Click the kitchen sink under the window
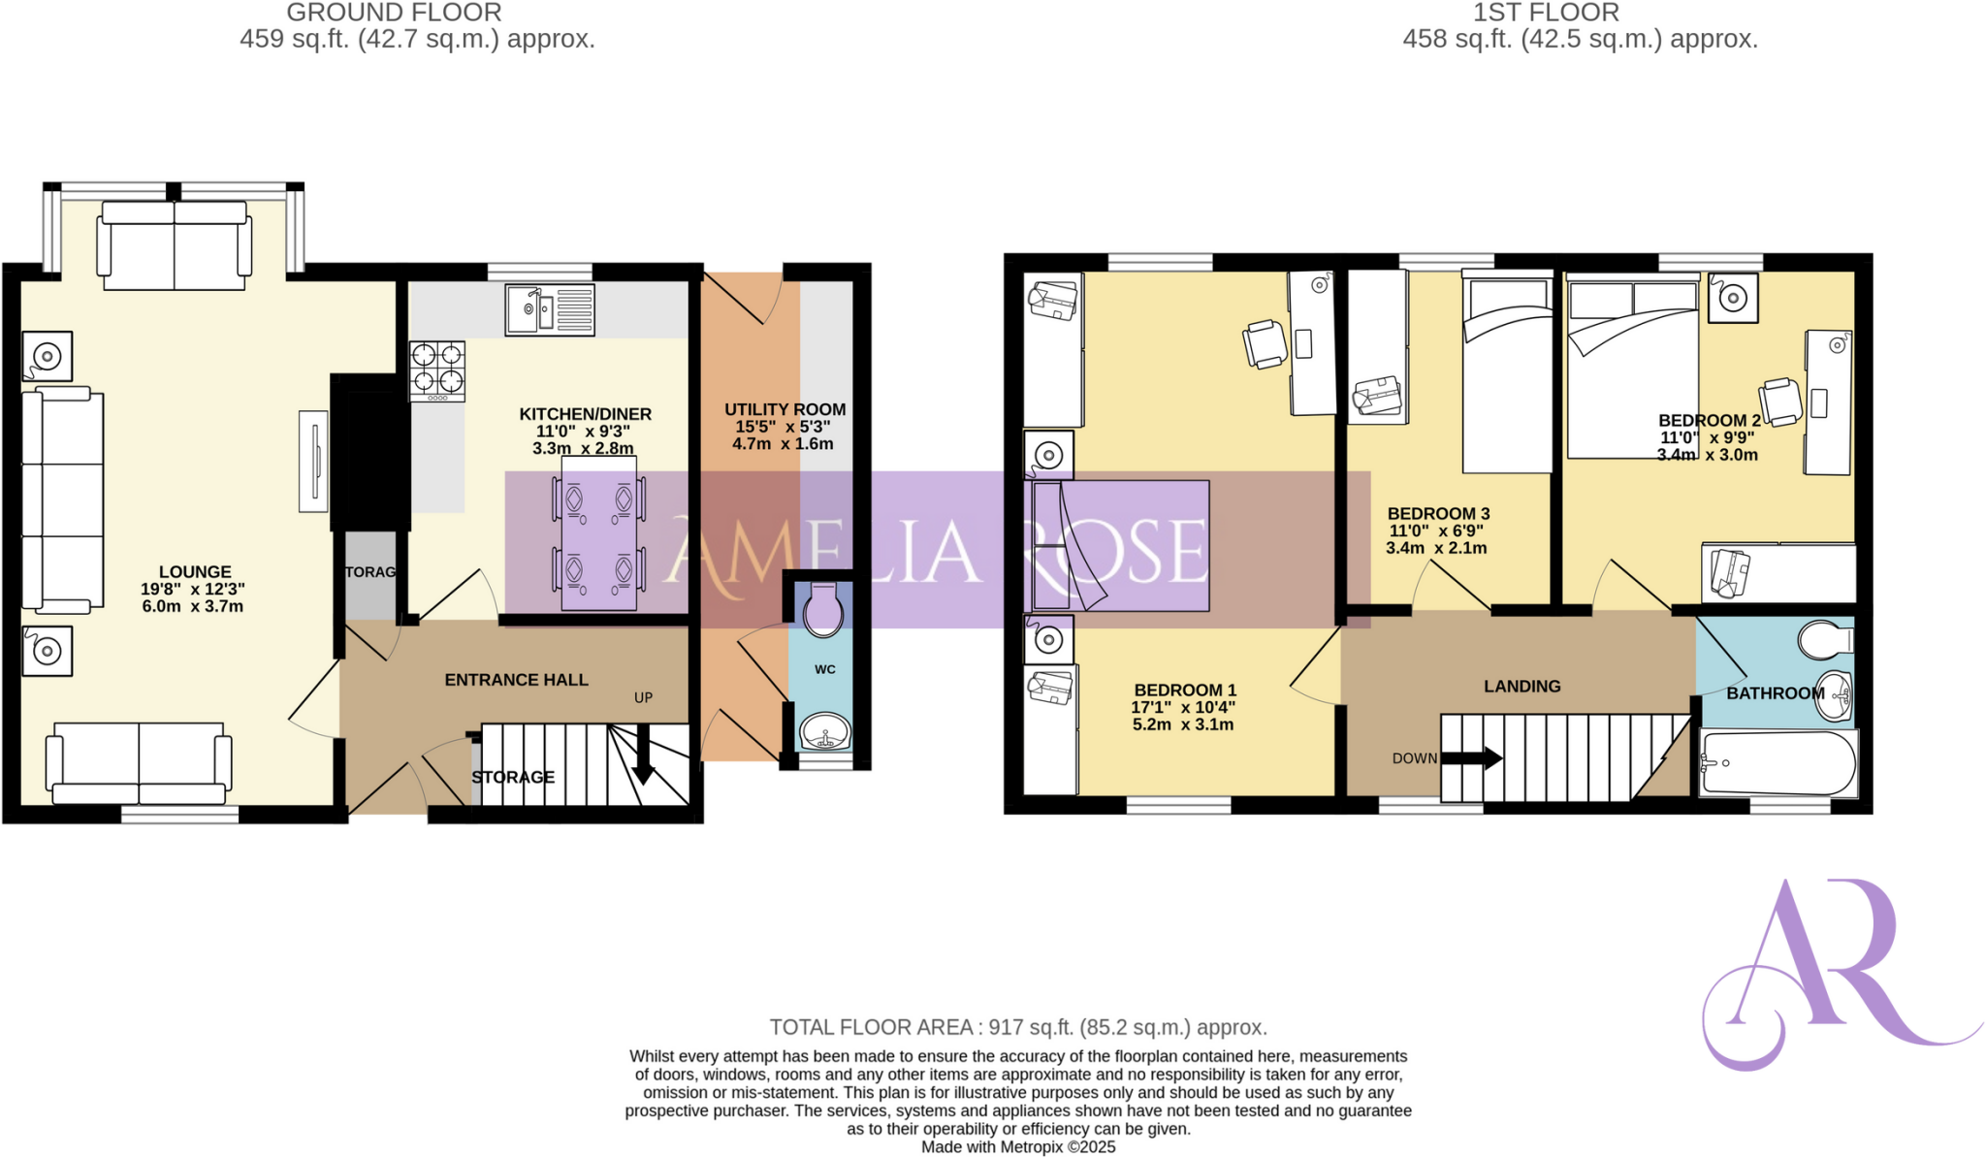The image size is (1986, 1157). [549, 310]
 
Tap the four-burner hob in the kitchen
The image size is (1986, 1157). [436, 370]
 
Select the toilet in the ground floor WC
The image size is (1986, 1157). [823, 610]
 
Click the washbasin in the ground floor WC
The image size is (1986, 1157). [824, 730]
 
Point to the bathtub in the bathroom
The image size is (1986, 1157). [1778, 764]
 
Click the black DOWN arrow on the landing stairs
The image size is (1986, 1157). [1471, 758]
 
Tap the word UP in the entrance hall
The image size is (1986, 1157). [643, 697]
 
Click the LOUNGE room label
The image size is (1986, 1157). [195, 572]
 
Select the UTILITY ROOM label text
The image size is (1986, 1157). [785, 409]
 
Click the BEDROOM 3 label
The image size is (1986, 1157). [1438, 514]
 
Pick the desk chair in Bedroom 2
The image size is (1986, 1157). [1780, 401]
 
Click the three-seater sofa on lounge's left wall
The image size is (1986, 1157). [63, 499]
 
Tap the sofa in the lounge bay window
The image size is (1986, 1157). [175, 246]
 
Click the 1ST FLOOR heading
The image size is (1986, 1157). [1546, 13]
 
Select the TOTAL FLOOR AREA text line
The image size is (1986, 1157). [1018, 1027]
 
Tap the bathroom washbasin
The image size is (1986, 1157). [1833, 695]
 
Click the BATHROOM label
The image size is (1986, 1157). [1775, 693]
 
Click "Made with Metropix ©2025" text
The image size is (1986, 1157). [1018, 1147]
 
